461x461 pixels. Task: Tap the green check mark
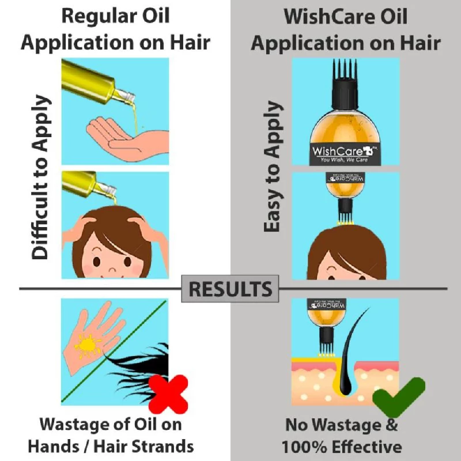click(x=398, y=398)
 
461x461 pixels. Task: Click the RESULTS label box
click(x=231, y=288)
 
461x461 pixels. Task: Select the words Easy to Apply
click(x=274, y=167)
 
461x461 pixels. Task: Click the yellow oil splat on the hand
click(x=88, y=345)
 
